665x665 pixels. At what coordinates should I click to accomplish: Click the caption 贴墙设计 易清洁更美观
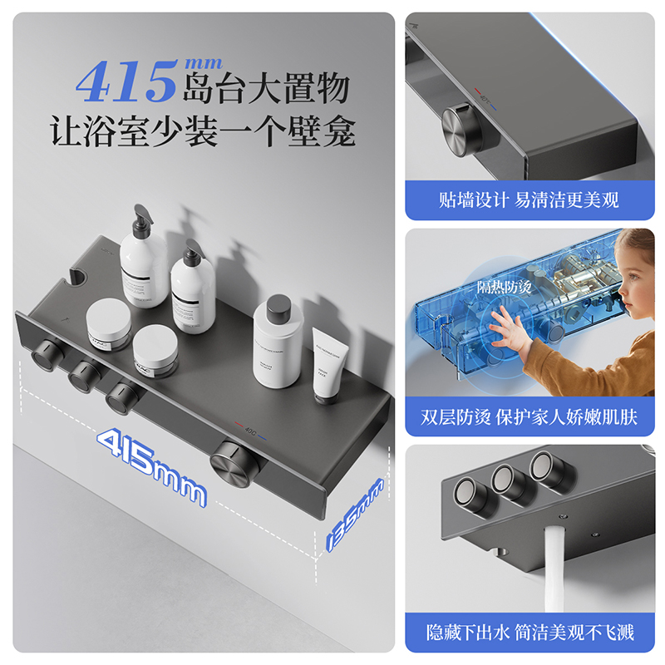pos(529,200)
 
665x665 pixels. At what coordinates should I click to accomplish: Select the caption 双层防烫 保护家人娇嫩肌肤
pos(529,416)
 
